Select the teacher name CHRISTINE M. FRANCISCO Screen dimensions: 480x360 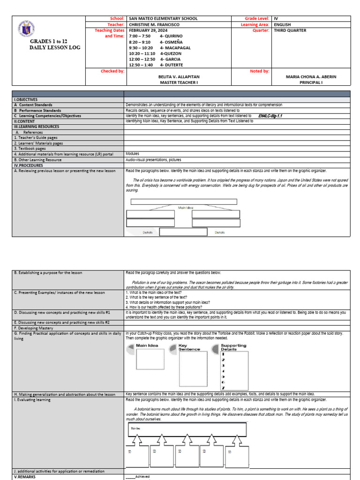pos(157,24)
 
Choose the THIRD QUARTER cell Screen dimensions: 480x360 pos(290,30)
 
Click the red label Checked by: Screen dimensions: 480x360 pos(112,71)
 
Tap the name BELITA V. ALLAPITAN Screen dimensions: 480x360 pos(180,76)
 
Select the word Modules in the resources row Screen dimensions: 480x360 pos(133,153)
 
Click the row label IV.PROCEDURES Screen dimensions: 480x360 pos(30,165)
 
